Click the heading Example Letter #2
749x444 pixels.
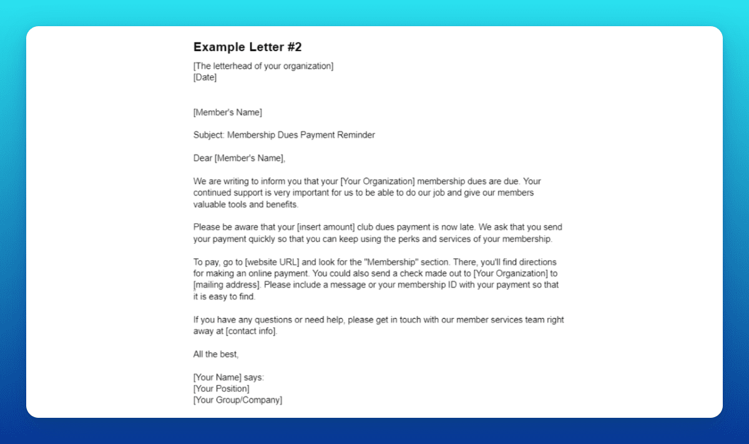247,47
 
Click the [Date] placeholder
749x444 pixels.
205,77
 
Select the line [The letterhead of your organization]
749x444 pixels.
263,66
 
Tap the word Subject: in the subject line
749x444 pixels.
209,135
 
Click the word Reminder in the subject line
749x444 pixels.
356,135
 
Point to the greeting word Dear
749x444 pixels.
203,158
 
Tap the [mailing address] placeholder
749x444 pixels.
227,285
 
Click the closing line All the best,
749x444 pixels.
216,354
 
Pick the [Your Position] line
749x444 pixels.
221,388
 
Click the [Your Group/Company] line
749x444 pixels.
238,400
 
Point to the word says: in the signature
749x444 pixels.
254,377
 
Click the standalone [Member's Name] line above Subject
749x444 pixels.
228,112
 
